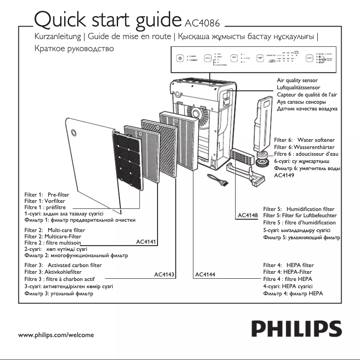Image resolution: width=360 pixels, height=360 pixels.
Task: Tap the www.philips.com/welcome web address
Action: (x=56, y=335)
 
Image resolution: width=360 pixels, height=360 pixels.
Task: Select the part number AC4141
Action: (x=145, y=242)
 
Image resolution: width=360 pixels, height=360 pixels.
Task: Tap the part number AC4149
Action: (x=283, y=176)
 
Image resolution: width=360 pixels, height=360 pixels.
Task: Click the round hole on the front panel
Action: (x=75, y=132)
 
